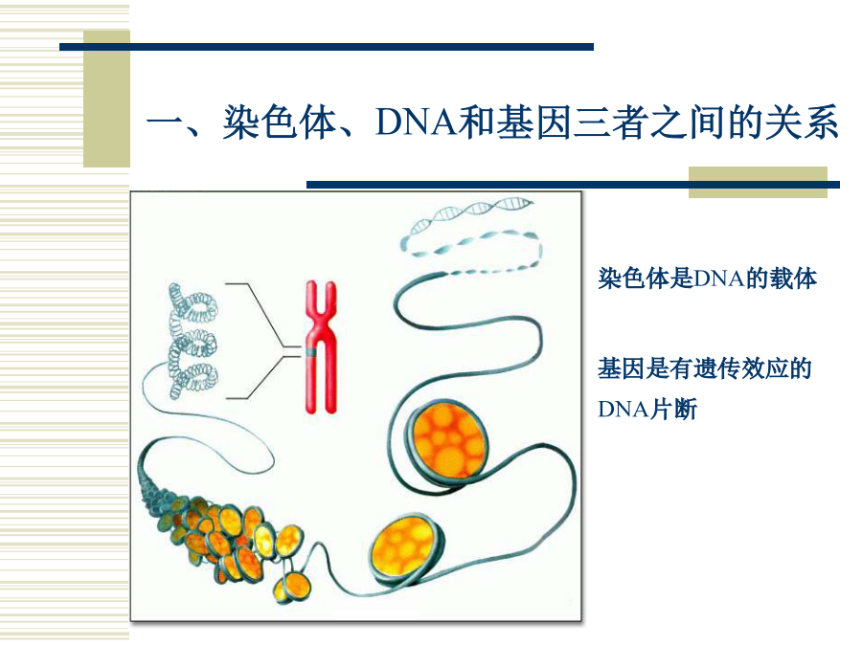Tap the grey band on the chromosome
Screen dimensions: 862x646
[x=310, y=352]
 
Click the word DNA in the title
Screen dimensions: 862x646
[x=417, y=122]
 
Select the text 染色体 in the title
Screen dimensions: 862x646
[x=280, y=122]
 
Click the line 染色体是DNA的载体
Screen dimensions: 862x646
[x=707, y=278]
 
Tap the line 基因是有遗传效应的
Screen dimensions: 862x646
[x=705, y=368]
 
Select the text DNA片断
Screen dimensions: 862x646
[x=647, y=409]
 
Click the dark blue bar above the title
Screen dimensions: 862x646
[x=327, y=47]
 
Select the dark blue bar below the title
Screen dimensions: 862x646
[x=573, y=185]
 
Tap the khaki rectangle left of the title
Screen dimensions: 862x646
[x=106, y=99]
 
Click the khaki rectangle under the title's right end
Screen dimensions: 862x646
[x=759, y=183]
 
